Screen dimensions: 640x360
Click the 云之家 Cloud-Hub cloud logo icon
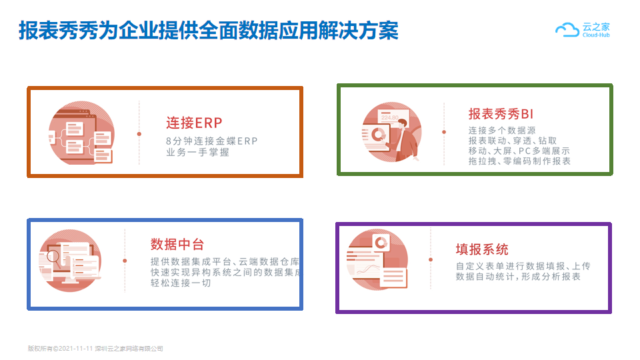567,30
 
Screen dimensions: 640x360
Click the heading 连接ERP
194,123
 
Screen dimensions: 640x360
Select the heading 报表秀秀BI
501,114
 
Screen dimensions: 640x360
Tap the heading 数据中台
177,244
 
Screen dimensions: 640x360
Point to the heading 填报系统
482,249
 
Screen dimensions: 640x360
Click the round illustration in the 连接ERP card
81,133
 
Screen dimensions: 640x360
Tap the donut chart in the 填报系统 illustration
381,243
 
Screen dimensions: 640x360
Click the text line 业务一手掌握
197,152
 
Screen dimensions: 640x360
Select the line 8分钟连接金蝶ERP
212,141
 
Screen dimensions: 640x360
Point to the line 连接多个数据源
502,130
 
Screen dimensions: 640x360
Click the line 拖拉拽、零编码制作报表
519,161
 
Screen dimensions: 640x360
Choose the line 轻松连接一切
181,283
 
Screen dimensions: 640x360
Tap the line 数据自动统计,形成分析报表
518,277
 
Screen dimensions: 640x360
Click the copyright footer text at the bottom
95,349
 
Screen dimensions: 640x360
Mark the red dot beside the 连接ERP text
139,134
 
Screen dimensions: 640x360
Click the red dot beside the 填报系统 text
431,259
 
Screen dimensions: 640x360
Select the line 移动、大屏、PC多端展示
519,151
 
